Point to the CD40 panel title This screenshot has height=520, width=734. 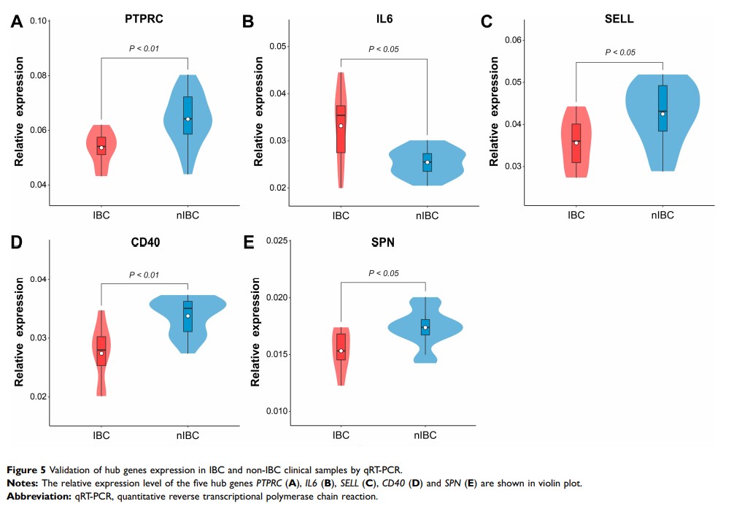144,243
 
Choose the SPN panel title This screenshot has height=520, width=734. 383,243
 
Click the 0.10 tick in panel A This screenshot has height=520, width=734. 38,21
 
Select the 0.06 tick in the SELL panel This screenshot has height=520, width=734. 514,39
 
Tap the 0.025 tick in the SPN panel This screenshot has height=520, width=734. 274,241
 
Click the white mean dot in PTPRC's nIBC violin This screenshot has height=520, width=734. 188,119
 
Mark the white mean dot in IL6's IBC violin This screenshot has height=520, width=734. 340,126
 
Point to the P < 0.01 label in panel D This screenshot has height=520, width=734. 144,275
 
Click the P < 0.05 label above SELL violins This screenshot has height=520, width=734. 620,53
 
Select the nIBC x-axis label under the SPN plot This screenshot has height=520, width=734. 425,435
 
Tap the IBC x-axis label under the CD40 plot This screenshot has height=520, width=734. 101,435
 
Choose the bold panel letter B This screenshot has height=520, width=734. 247,21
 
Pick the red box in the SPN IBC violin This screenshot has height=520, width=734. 340,346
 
